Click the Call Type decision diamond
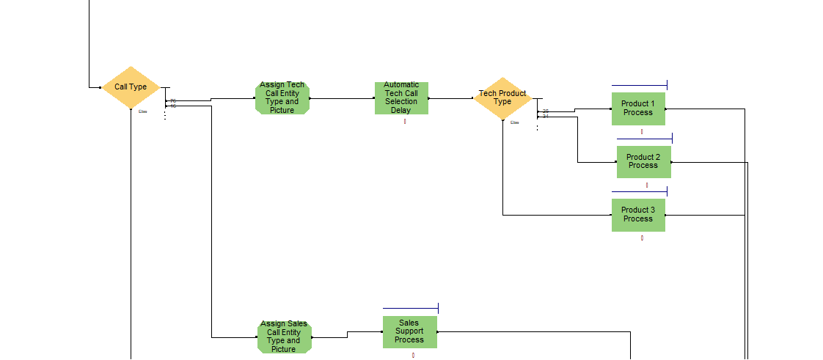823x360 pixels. click(131, 87)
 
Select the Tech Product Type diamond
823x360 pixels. click(502, 98)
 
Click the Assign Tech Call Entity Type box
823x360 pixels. click(282, 98)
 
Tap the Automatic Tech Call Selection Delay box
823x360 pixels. click(401, 98)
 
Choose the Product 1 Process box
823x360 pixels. click(638, 109)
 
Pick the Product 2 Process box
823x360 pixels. click(643, 161)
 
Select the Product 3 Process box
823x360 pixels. click(638, 215)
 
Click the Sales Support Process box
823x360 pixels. click(409, 331)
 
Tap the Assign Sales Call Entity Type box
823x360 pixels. click(284, 337)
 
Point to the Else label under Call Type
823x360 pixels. click(143, 111)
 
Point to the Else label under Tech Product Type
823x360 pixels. click(515, 122)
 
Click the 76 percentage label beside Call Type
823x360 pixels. click(173, 101)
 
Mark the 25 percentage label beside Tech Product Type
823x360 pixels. click(546, 111)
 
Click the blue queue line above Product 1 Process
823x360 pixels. click(638, 86)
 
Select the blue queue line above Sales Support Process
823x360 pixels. click(409, 308)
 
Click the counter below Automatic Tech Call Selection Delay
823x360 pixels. click(404, 121)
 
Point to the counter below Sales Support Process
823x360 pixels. click(413, 356)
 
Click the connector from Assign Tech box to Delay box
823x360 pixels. click(342, 98)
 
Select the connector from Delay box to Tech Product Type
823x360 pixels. click(451, 98)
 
